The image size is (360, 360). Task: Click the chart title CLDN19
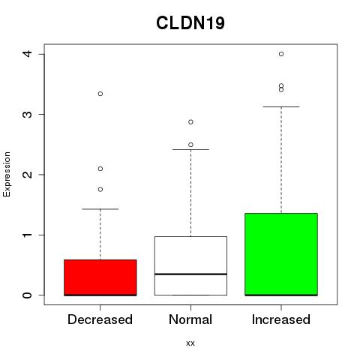point(190,23)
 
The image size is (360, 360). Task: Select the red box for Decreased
point(100,277)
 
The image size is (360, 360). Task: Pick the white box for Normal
point(190,265)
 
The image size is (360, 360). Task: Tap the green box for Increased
point(281,254)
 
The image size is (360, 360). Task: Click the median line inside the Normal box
point(190,274)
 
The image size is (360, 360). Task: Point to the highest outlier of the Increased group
point(281,54)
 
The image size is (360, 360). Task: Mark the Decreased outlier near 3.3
point(100,94)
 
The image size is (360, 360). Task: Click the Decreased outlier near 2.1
point(100,169)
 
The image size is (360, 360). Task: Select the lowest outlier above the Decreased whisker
point(100,190)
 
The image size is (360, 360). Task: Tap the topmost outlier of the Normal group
point(190,122)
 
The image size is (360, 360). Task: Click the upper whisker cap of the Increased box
point(281,106)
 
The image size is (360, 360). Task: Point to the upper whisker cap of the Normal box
point(190,149)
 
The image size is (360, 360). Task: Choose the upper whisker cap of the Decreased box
point(100,209)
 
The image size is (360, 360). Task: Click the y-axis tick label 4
point(28,54)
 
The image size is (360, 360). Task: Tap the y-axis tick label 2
point(28,174)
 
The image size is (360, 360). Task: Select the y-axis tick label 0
point(28,295)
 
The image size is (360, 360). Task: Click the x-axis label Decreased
point(100,319)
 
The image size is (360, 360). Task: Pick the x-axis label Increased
point(281,319)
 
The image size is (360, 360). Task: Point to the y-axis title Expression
point(7,174)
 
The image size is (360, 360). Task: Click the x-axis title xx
point(190,343)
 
